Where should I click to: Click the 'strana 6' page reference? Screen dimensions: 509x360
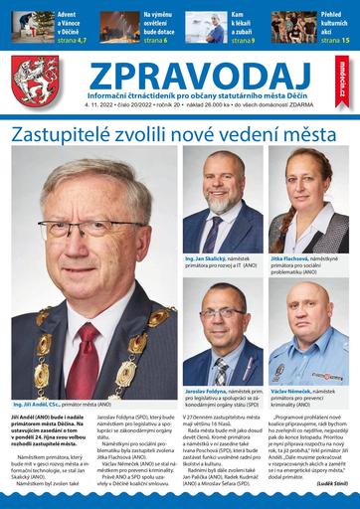[x=159, y=40]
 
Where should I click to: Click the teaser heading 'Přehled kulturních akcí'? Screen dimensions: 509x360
[x=328, y=22]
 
